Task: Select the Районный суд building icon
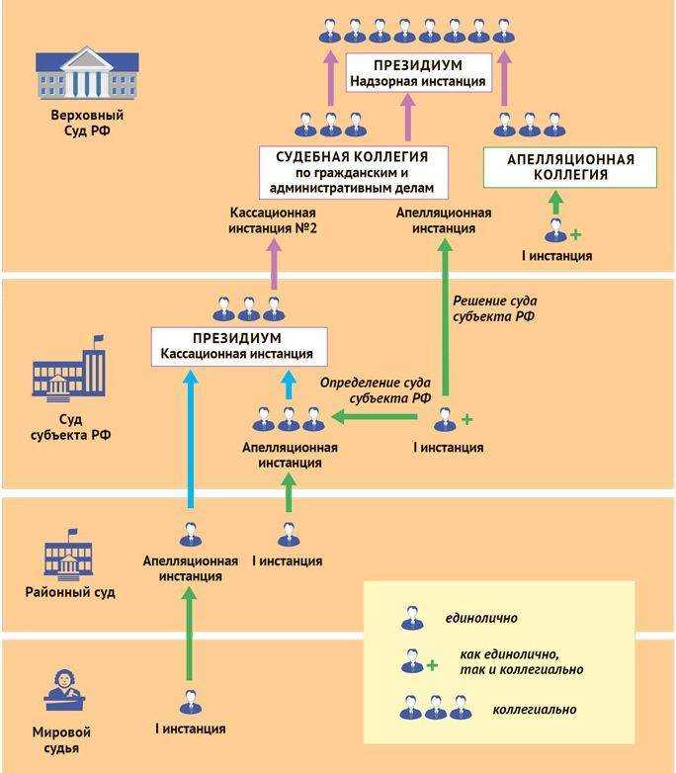coord(67,557)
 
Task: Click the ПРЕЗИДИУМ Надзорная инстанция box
coord(418,72)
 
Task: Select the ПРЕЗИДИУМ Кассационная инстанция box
coord(239,345)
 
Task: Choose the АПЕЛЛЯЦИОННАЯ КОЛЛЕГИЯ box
coord(570,166)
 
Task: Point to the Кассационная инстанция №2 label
coord(273,220)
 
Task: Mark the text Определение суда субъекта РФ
coord(378,390)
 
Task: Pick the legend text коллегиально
coord(534,710)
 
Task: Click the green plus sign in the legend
coord(432,665)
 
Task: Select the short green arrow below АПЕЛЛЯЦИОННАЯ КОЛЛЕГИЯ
coord(555,204)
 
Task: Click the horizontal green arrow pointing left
coord(376,418)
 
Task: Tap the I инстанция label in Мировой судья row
coord(190,730)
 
